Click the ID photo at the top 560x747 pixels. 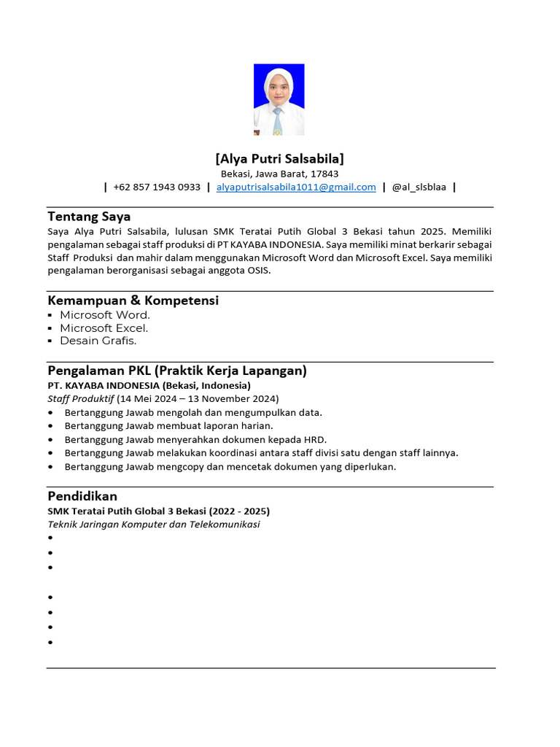[x=279, y=100]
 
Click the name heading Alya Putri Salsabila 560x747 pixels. [x=280, y=158]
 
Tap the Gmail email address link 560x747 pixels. [x=296, y=187]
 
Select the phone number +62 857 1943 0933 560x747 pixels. [x=157, y=187]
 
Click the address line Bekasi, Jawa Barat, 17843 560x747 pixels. [x=280, y=174]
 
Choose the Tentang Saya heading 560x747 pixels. [x=89, y=216]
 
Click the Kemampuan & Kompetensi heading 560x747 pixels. [x=133, y=301]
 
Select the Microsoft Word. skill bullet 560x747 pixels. [x=105, y=315]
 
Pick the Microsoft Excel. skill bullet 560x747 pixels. [x=104, y=328]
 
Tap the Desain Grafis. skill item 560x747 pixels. [x=98, y=341]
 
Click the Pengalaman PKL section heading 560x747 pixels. [x=176, y=371]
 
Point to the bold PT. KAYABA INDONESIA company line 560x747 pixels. [x=149, y=385]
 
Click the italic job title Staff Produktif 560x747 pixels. [x=80, y=398]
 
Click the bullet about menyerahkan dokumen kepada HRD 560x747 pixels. [x=195, y=439]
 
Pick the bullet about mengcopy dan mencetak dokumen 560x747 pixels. [x=230, y=466]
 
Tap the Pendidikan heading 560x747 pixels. [x=82, y=496]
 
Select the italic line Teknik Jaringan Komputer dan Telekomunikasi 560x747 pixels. [x=154, y=524]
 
